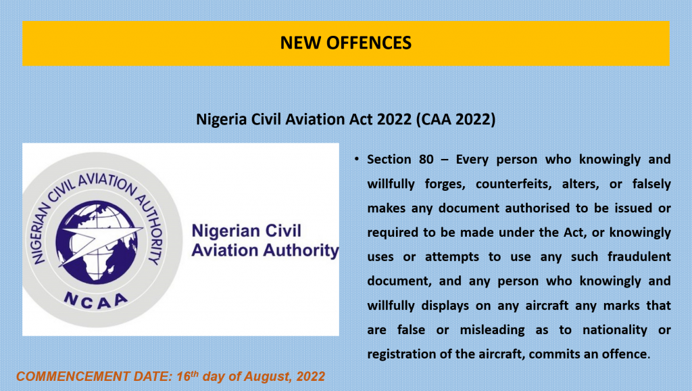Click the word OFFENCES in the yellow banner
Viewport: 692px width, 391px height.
pyautogui.click(x=368, y=43)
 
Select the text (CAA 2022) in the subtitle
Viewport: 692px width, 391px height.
pyautogui.click(x=456, y=119)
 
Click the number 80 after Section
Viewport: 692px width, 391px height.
pyautogui.click(x=426, y=159)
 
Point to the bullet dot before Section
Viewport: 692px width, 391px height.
pyautogui.click(x=357, y=158)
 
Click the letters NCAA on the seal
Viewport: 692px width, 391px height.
pyautogui.click(x=96, y=300)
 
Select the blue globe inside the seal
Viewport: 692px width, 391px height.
pyautogui.click(x=97, y=241)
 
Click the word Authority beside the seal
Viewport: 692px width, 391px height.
pyautogui.click(x=301, y=251)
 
